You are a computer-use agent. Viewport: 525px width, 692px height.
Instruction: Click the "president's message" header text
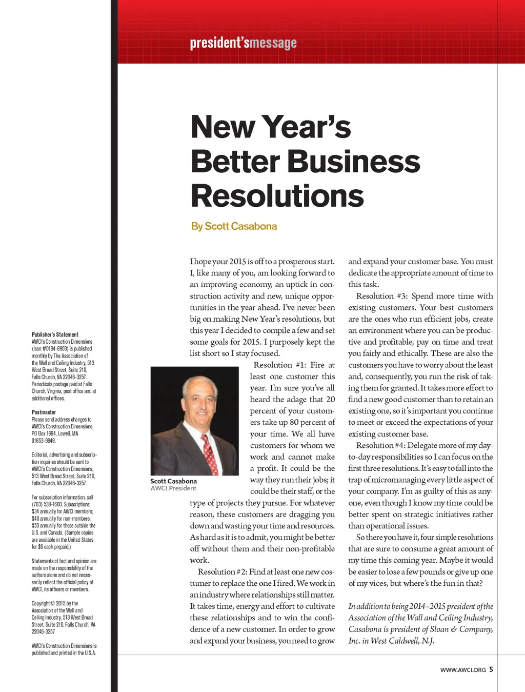click(243, 43)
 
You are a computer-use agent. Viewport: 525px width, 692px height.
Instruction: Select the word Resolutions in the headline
click(277, 196)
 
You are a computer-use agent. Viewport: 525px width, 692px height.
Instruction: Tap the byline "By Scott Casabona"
click(234, 226)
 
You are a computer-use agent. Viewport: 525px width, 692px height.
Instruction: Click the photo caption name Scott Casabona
click(173, 481)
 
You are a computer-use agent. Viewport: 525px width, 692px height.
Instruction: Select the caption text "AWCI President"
click(173, 488)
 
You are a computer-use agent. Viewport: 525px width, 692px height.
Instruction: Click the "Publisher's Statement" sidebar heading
click(55, 334)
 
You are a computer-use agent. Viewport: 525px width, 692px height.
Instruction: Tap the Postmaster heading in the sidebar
click(44, 412)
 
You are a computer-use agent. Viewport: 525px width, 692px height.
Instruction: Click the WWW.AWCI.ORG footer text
click(462, 670)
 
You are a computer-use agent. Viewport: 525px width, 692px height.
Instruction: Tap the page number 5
click(491, 669)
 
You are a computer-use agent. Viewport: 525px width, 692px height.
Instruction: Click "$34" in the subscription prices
click(35, 511)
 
